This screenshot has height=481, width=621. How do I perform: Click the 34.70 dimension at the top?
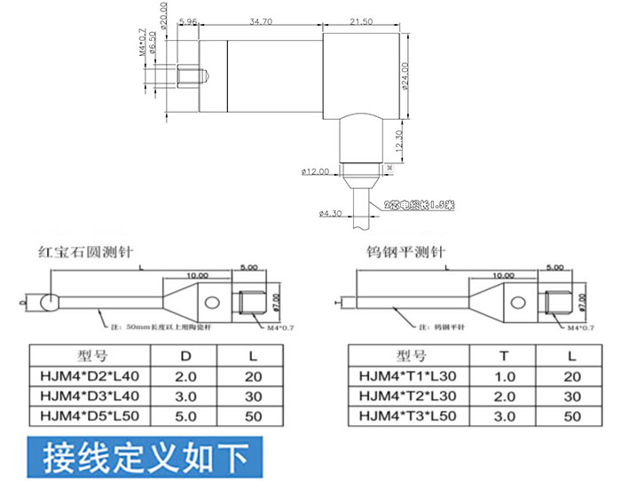point(261,20)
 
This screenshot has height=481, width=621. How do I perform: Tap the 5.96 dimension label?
point(187,20)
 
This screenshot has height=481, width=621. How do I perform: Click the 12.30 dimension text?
point(399,140)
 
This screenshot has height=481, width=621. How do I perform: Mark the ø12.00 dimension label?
point(315,171)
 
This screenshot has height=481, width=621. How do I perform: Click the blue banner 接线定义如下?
point(145,458)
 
